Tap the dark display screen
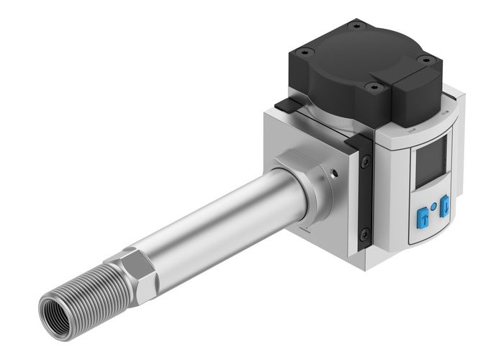click(430, 161)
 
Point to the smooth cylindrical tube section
click(216, 223)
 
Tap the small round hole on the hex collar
click(333, 173)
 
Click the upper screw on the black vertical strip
click(366, 163)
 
